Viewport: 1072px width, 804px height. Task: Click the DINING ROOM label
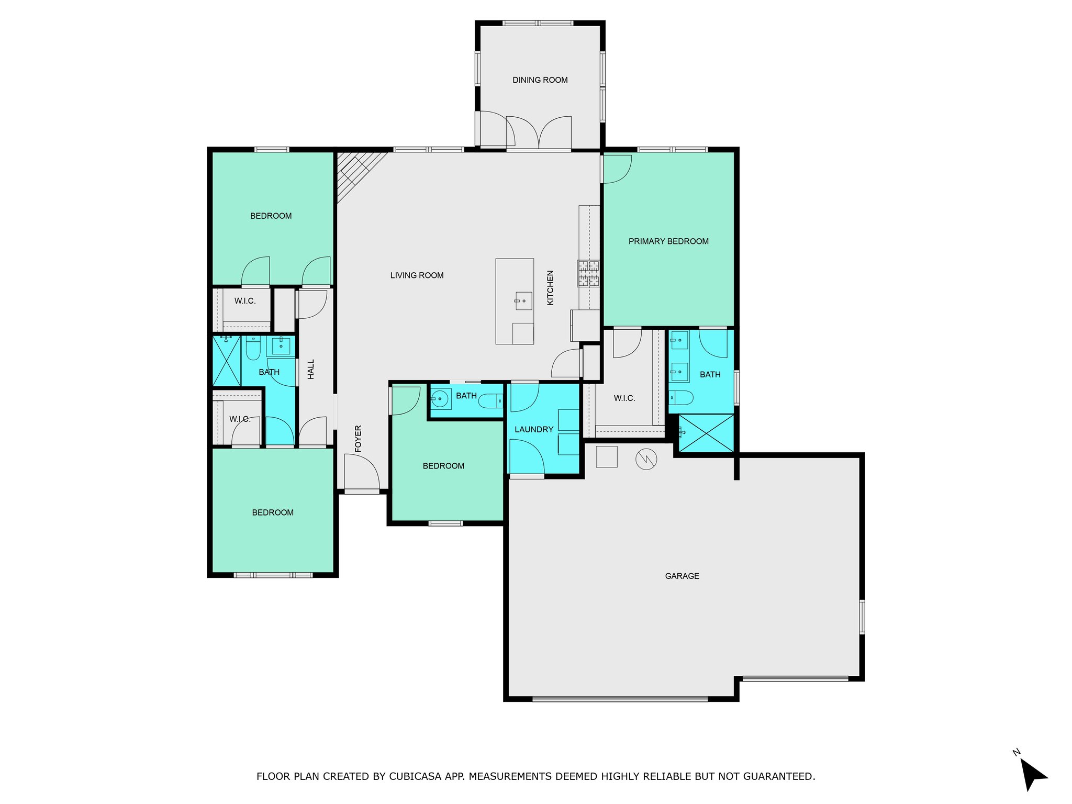pyautogui.click(x=540, y=80)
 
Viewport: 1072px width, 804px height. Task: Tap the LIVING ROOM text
pyautogui.click(x=417, y=275)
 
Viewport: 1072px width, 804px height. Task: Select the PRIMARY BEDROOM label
pyautogui.click(x=668, y=241)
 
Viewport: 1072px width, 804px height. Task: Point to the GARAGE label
pyautogui.click(x=682, y=576)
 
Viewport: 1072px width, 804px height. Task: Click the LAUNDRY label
pyautogui.click(x=534, y=429)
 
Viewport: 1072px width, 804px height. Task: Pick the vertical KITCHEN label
pyautogui.click(x=550, y=287)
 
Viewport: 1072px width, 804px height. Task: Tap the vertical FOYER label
pyautogui.click(x=358, y=439)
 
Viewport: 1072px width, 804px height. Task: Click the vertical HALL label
pyautogui.click(x=311, y=369)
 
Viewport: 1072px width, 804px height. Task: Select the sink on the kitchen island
pyautogui.click(x=523, y=301)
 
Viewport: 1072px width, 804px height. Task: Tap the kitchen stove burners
pyautogui.click(x=588, y=273)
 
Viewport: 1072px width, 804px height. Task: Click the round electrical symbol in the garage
pyautogui.click(x=646, y=459)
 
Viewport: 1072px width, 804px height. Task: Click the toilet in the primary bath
pyautogui.click(x=681, y=398)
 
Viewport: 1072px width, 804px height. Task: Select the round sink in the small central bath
pyautogui.click(x=440, y=399)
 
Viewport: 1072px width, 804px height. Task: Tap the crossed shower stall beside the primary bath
pyautogui.click(x=706, y=433)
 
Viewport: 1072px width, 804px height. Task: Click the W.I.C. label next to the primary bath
pyautogui.click(x=624, y=398)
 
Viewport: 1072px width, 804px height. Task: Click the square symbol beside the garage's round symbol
pyautogui.click(x=607, y=456)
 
